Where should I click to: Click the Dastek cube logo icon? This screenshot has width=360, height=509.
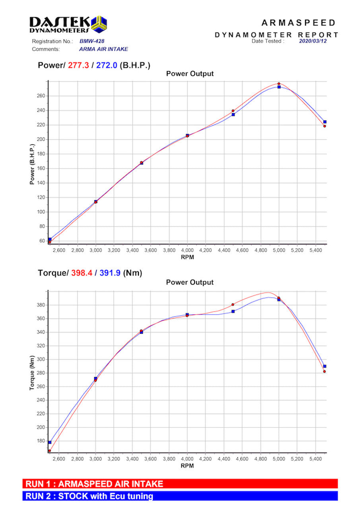(x=99, y=24)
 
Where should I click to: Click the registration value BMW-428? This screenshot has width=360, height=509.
(x=92, y=41)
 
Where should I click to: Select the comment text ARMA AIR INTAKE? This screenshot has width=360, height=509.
(x=103, y=49)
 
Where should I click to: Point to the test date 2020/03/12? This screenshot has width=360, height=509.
(x=313, y=41)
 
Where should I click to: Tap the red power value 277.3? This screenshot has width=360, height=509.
(x=78, y=65)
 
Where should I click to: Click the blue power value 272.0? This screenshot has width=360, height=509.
(x=107, y=65)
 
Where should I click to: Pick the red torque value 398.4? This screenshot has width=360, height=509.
(x=82, y=273)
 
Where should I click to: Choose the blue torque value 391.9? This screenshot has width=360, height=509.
(x=110, y=273)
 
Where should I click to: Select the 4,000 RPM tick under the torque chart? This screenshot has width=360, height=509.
(x=187, y=459)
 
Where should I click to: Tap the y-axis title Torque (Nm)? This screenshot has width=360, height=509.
(x=32, y=371)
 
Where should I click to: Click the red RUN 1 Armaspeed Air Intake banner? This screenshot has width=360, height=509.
(x=180, y=484)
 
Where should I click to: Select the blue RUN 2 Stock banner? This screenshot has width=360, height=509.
(x=180, y=496)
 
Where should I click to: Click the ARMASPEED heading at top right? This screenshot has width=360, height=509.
(x=298, y=23)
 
